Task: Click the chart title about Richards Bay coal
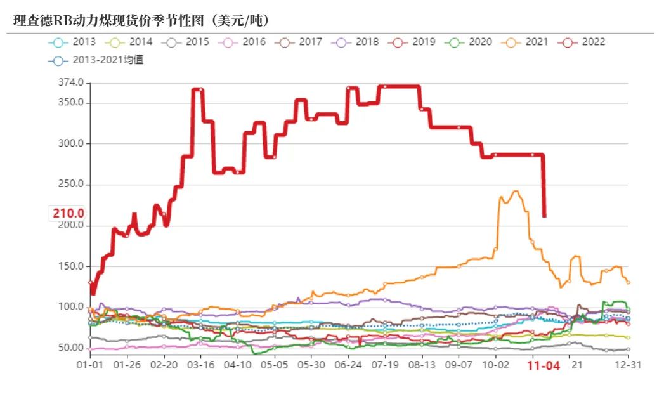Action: pyautogui.click(x=142, y=20)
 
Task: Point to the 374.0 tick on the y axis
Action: pyautogui.click(x=70, y=82)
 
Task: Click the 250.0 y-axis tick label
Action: pyautogui.click(x=70, y=185)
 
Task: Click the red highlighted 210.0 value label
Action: pyautogui.click(x=68, y=213)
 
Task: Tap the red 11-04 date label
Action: pyautogui.click(x=544, y=366)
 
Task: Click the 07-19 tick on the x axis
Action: pyautogui.click(x=384, y=365)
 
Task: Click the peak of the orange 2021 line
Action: pyautogui.click(x=515, y=191)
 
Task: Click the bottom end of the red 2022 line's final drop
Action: pyautogui.click(x=544, y=216)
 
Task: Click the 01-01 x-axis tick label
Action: pyautogui.click(x=90, y=365)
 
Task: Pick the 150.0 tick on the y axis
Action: pyautogui.click(x=70, y=266)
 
